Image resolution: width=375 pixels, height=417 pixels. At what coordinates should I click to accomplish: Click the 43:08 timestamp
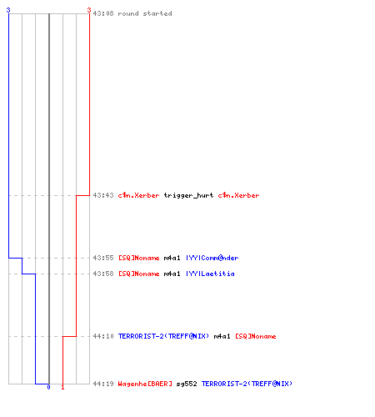tap(103, 13)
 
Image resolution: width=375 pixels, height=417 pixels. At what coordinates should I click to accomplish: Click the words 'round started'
tap(145, 13)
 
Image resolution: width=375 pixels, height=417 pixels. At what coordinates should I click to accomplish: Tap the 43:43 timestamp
tap(103, 195)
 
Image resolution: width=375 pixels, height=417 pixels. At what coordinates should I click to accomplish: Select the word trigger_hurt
tap(188, 195)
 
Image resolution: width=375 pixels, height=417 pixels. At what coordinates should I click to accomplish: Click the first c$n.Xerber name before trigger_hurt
tap(139, 195)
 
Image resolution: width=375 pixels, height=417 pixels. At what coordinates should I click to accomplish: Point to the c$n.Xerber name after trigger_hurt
tap(238, 195)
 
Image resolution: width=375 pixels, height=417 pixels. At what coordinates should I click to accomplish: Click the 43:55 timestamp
tap(103, 258)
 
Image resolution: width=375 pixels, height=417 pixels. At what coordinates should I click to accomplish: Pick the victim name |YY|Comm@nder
tap(212, 258)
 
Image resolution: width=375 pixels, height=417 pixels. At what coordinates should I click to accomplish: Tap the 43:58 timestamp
tap(103, 274)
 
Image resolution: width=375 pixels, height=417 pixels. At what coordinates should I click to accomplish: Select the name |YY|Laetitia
tap(210, 274)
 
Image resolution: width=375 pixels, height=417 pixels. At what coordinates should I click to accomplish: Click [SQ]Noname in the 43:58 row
tap(139, 274)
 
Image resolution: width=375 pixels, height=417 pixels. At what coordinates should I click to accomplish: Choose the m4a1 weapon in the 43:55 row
tap(172, 258)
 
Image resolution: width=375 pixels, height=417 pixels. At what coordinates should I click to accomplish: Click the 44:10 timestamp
tap(103, 336)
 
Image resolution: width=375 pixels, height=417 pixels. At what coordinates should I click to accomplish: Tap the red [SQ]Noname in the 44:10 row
tap(256, 336)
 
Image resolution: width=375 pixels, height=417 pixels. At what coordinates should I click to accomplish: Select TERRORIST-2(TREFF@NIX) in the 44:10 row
tap(163, 336)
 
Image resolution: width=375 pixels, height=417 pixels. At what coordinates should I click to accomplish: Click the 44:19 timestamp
tap(103, 384)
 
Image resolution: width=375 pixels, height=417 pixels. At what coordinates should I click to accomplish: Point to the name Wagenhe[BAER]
tap(145, 384)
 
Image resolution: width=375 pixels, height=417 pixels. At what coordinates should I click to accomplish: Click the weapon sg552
tap(187, 384)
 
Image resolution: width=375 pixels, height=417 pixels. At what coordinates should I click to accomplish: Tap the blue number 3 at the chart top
tap(8, 10)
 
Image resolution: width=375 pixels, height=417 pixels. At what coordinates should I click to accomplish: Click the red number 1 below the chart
tap(62, 387)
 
